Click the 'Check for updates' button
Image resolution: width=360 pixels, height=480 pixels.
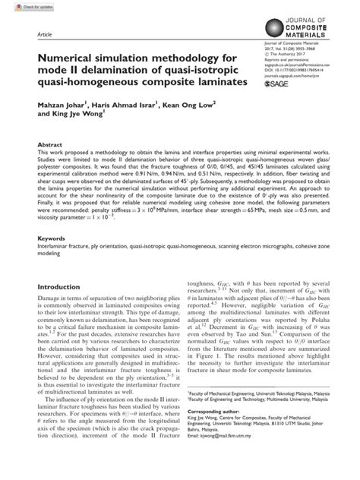coord(20,6)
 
